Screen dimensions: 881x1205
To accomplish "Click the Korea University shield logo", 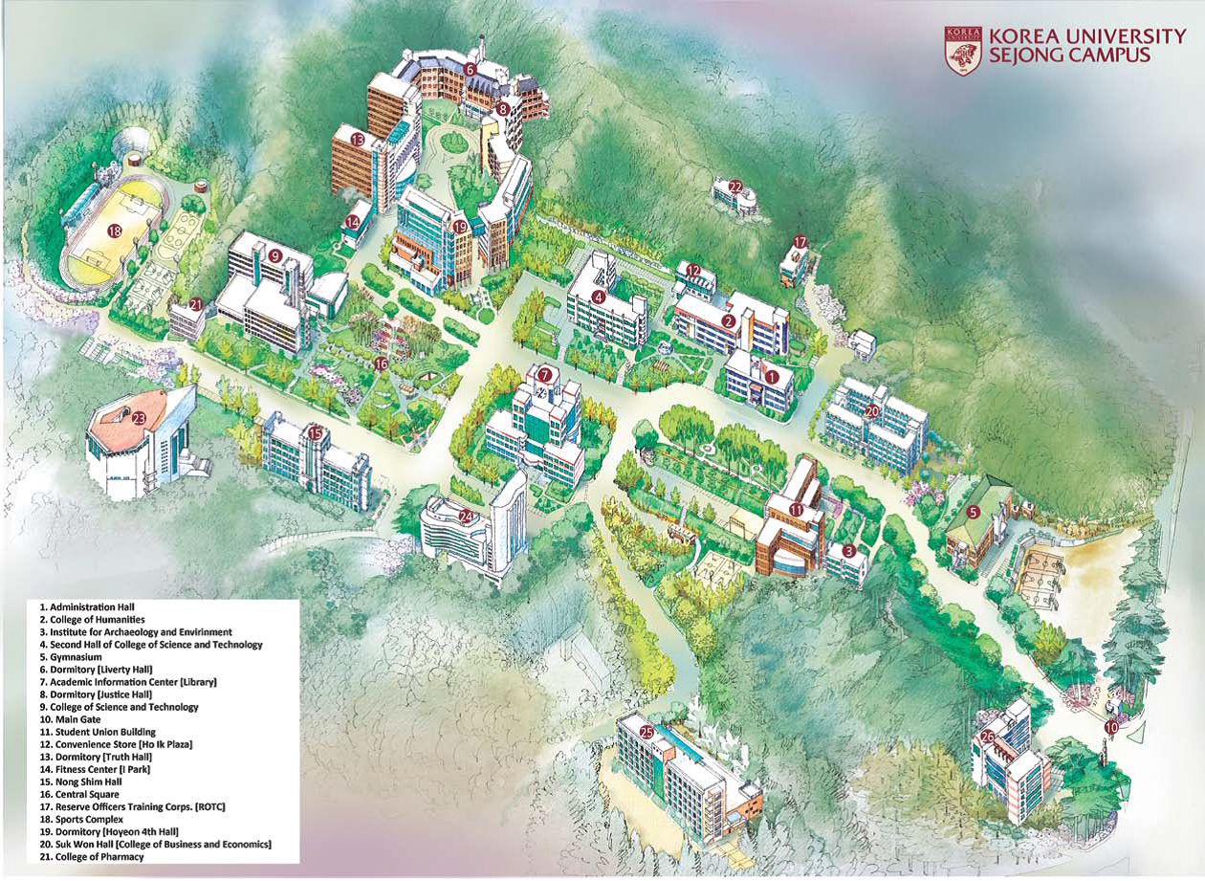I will [x=963, y=50].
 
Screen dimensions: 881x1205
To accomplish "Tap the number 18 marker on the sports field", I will [x=115, y=231].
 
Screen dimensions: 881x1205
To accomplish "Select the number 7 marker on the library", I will [x=544, y=374].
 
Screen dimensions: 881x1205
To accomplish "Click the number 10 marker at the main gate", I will [x=1110, y=727].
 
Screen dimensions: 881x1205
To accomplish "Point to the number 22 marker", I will [x=735, y=187].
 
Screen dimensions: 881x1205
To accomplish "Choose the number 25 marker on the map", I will [x=646, y=732].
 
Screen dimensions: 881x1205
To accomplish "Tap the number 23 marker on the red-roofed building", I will [x=139, y=417].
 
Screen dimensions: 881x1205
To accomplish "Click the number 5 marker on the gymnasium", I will [x=973, y=512].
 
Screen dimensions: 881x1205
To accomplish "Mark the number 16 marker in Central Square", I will [x=381, y=363].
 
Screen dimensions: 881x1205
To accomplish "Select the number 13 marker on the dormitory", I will [x=357, y=140].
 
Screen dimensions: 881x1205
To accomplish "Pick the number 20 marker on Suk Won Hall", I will [x=871, y=410].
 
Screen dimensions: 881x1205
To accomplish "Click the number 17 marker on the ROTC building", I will [x=800, y=242].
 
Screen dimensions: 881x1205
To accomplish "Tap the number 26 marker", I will [x=987, y=737].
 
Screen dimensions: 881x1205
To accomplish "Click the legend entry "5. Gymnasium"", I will [x=71, y=657].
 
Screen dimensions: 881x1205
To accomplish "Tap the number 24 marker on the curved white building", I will [x=466, y=517].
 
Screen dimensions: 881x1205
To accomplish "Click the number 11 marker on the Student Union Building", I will [x=797, y=509].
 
